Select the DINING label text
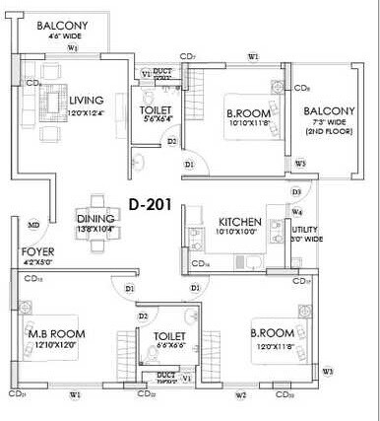tap(96, 220)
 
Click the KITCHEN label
tap(239, 222)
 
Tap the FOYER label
tap(36, 251)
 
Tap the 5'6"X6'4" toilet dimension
tap(156, 119)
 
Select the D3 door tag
tap(295, 191)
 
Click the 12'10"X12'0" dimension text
tap(53, 344)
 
